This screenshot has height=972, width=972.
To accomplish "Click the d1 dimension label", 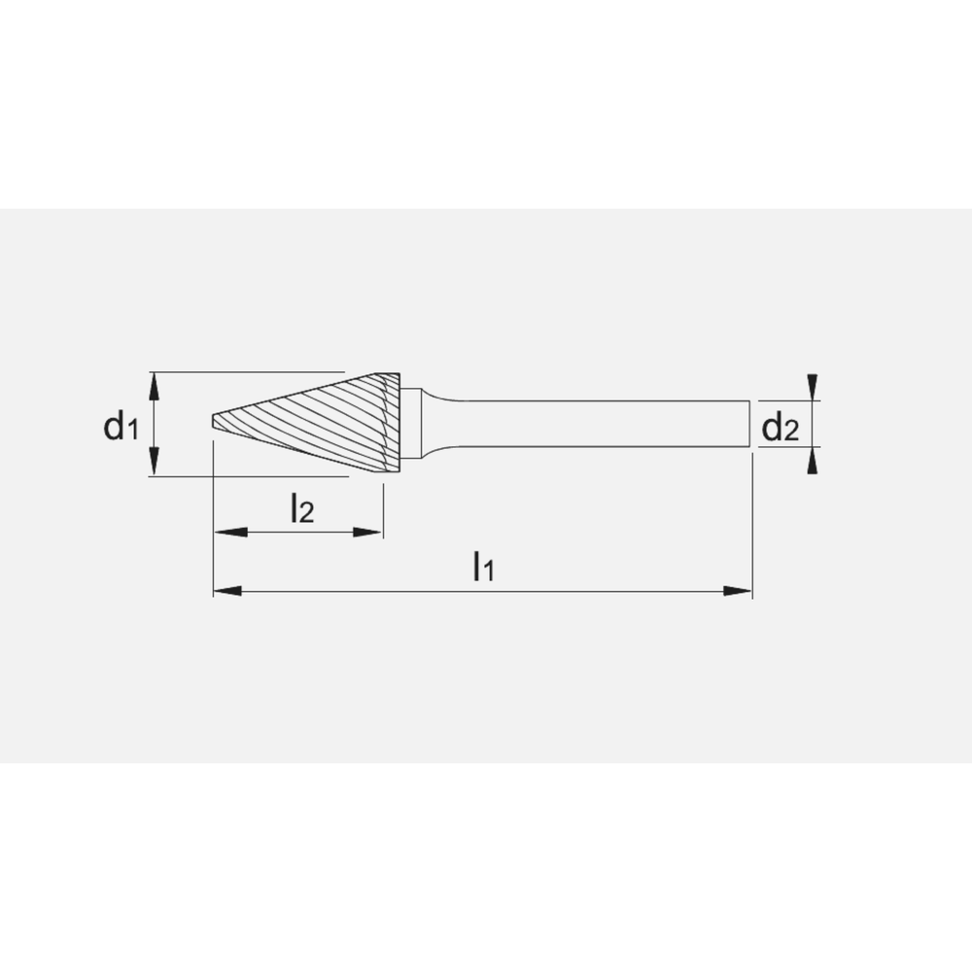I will point(121,425).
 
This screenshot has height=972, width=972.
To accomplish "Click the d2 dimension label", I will point(780,426).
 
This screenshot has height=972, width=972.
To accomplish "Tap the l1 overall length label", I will point(483,565).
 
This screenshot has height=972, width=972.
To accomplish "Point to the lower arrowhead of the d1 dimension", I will point(154,466).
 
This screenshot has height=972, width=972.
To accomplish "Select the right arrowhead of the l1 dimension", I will point(740,590).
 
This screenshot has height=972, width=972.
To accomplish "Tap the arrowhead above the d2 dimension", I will point(814,388).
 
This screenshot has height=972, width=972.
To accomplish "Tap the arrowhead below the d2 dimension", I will point(814,460).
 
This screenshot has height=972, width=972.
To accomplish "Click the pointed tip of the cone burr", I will point(215,424).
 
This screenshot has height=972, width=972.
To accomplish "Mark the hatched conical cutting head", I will point(330,423).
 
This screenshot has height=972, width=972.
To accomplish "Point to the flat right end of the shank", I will point(749,424).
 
